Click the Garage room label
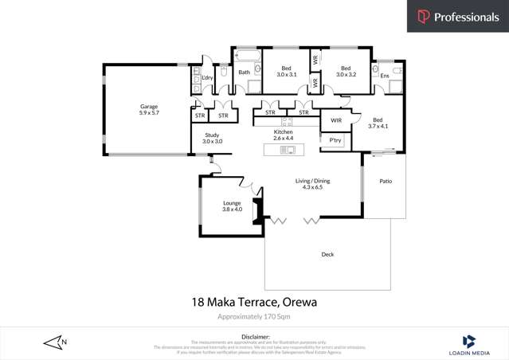click(149, 106)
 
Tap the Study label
click(212, 135)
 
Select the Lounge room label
click(232, 203)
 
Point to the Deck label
click(327, 254)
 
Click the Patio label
click(386, 181)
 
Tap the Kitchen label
click(284, 131)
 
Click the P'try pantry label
click(335, 140)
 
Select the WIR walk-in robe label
click(336, 120)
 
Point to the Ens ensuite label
click(385, 76)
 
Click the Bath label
click(244, 72)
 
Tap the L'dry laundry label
click(207, 76)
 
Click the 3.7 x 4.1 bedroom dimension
click(378, 126)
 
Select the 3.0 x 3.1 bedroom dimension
click(286, 74)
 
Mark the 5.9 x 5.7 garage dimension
click(149, 112)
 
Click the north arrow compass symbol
click(55, 342)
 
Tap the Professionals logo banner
click(458, 17)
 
